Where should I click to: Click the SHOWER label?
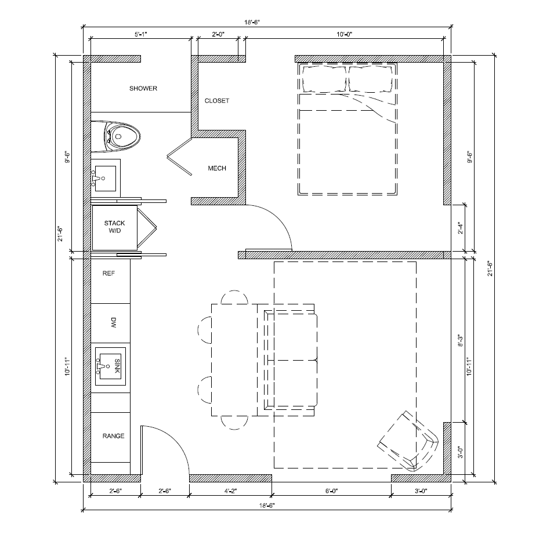pyautogui.click(x=143, y=89)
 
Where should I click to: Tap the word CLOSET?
pyautogui.click(x=217, y=101)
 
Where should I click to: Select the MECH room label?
pyautogui.click(x=217, y=169)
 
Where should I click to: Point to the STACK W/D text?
pyautogui.click(x=114, y=227)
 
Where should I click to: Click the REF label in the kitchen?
pyautogui.click(x=108, y=273)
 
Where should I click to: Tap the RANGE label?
pyautogui.click(x=113, y=436)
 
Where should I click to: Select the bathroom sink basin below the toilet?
pyautogui.click(x=105, y=176)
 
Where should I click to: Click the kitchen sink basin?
pyautogui.click(x=110, y=366)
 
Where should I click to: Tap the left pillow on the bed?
pyautogui.click(x=323, y=78)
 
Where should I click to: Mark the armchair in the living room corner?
pyautogui.click(x=407, y=441)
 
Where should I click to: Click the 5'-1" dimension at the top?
pyautogui.click(x=141, y=35)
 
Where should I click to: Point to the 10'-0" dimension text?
pyautogui.click(x=344, y=35)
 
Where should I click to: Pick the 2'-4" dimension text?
pyautogui.click(x=460, y=228)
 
